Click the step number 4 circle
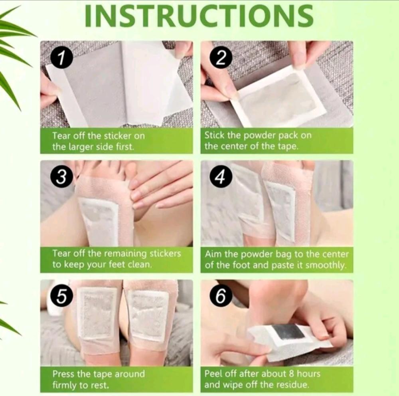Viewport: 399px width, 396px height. pyautogui.click(x=221, y=176)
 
